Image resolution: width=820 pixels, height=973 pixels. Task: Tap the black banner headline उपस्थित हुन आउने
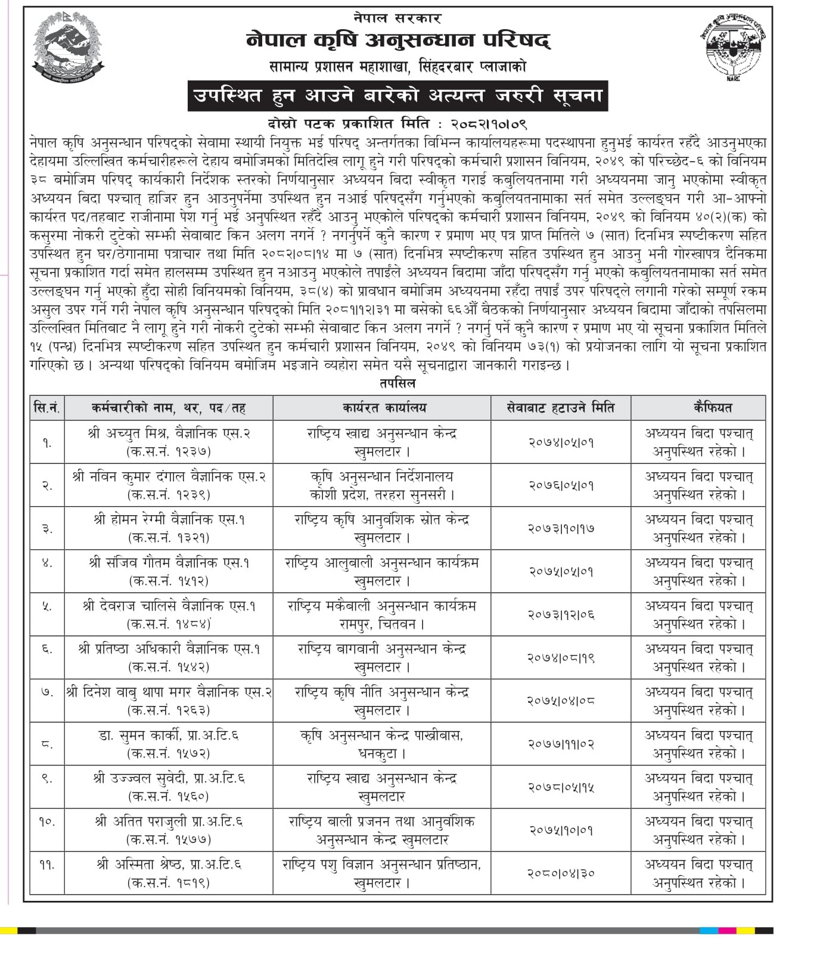click(397, 95)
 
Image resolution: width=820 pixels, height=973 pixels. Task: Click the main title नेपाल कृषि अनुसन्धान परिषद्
click(397, 40)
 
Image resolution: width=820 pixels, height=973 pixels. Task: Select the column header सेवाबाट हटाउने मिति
click(560, 408)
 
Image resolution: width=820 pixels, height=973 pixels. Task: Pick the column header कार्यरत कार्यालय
click(381, 408)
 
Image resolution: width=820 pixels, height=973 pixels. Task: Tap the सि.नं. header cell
click(47, 408)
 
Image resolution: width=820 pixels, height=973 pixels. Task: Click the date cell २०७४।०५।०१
click(561, 442)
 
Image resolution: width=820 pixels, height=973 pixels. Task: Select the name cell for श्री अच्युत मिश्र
click(169, 442)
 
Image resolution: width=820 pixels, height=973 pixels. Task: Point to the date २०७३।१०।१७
click(561, 528)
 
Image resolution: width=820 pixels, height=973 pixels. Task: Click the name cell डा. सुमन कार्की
click(169, 744)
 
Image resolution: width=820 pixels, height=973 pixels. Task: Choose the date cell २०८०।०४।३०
click(561, 873)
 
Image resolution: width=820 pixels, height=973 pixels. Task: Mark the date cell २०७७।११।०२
click(561, 744)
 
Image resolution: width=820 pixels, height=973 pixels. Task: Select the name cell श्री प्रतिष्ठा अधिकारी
click(169, 658)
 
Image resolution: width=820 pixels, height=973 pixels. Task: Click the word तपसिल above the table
click(397, 383)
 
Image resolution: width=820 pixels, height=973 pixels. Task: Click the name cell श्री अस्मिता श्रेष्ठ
click(169, 873)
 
